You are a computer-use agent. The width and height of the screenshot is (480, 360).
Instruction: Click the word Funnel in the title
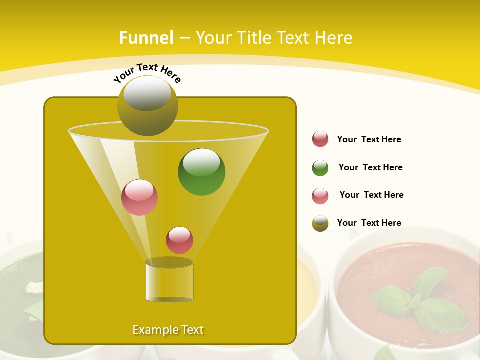146,38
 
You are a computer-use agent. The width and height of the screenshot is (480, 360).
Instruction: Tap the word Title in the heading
254,38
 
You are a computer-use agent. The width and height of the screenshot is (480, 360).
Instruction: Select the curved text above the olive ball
147,72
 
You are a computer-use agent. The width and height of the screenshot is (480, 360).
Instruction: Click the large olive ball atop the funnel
148,106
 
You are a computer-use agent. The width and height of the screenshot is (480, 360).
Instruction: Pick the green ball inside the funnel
201,171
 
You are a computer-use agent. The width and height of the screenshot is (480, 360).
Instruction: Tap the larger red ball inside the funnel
140,197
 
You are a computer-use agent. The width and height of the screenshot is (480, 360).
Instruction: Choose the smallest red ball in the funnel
179,240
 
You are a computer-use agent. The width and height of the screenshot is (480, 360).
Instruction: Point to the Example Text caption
168,330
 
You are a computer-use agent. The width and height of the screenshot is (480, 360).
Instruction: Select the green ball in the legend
320,168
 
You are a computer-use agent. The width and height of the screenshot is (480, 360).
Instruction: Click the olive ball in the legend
320,223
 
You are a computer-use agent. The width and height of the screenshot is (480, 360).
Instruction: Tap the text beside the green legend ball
370,167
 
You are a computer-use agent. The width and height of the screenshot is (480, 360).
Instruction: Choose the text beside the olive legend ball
369,223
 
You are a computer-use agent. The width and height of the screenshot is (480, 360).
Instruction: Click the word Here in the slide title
333,38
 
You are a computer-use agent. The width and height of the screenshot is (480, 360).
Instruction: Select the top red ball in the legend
320,139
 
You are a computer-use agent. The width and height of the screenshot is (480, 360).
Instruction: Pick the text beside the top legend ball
369,139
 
